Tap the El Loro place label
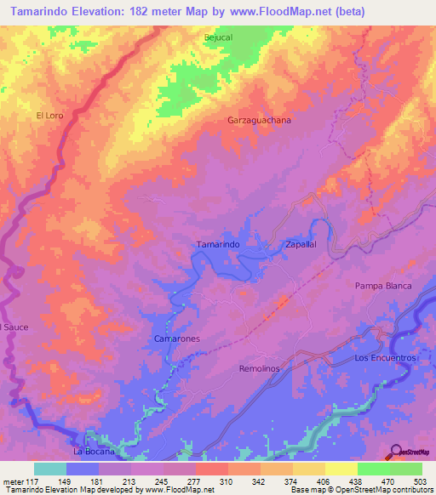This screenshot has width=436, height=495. pyautogui.click(x=50, y=115)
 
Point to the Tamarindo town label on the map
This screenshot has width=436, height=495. pyautogui.click(x=218, y=244)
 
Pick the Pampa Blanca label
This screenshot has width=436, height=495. pyautogui.click(x=382, y=286)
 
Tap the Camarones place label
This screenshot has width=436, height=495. pyautogui.click(x=176, y=339)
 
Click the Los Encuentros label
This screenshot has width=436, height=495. pyautogui.click(x=384, y=359)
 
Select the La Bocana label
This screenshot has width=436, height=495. pyautogui.click(x=94, y=451)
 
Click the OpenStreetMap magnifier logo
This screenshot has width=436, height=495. pyautogui.click(x=396, y=451)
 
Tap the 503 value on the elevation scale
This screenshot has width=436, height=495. pyautogui.click(x=422, y=481)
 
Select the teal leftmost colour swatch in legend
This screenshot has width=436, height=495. pyautogui.click(x=50, y=469)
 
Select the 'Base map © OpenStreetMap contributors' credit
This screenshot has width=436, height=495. pyautogui.click(x=361, y=490)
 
